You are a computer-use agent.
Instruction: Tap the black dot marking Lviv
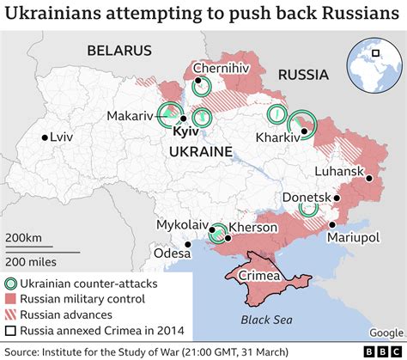(x=44, y=137)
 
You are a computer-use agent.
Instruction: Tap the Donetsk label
(x=306, y=198)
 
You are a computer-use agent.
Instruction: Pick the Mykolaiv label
(x=183, y=224)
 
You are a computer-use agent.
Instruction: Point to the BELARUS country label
(x=119, y=51)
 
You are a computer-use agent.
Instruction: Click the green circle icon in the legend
(x=11, y=283)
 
